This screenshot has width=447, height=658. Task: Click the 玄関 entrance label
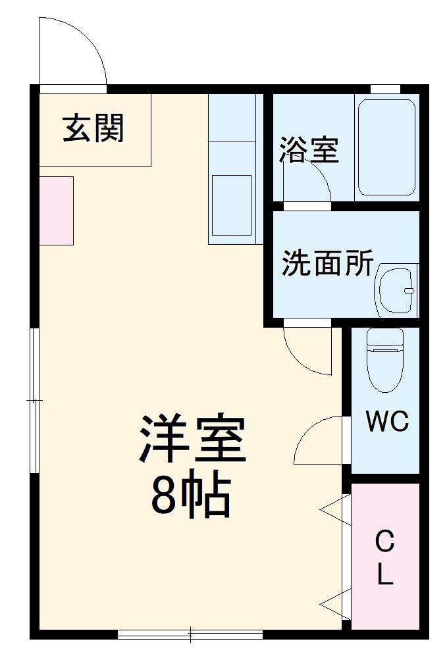tap(93, 128)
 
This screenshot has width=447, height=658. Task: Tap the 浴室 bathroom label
tap(308, 150)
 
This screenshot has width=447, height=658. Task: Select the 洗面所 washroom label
tap(327, 264)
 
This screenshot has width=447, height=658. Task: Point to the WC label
tap(387, 422)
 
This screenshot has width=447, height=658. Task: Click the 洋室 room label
tap(192, 440)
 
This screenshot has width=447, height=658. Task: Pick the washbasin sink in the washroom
tap(396, 290)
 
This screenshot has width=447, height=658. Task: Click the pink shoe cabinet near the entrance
tap(56, 211)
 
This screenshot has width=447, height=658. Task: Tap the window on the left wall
tap(35, 400)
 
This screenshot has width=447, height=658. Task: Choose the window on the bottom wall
tap(190, 634)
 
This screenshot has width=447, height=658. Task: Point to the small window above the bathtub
tap(385, 89)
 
